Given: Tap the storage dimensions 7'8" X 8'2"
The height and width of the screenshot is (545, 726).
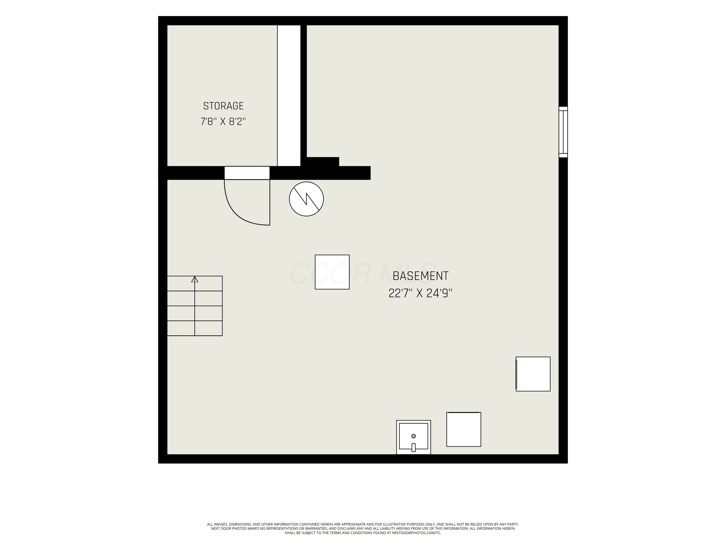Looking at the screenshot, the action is point(223,122).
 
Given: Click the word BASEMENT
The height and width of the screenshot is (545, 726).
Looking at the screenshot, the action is point(420,276).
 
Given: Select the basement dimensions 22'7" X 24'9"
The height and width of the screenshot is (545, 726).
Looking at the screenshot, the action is point(420,293).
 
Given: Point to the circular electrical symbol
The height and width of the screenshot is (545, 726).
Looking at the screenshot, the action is point(306,199).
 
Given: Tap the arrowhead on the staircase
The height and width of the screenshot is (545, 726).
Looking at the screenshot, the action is point(195,279).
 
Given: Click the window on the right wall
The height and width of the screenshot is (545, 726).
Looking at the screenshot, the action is point(563,132).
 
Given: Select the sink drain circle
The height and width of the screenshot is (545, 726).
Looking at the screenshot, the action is point(414,436).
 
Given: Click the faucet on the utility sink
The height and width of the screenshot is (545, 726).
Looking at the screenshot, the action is point(414,447).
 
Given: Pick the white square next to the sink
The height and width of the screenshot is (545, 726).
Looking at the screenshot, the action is point(463,429).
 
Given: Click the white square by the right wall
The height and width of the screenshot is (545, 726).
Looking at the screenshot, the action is point(533,374).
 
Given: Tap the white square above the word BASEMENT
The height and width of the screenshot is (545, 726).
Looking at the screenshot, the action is point(332,272).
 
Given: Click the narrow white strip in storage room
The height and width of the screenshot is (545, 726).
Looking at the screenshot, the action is point(289,96).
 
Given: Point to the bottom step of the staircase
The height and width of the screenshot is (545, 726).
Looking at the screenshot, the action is point(195,328).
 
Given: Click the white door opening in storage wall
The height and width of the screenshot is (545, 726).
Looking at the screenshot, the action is point(247,173).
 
